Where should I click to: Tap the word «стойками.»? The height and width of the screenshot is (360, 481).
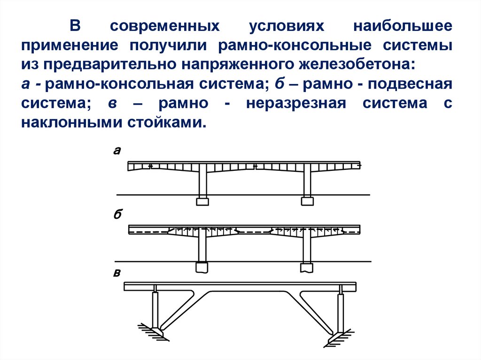point(167,123)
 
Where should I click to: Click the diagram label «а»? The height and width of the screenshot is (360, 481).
point(117,151)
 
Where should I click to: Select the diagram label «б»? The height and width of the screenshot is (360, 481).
point(117,215)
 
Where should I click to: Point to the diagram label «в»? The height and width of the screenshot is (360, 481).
point(117,273)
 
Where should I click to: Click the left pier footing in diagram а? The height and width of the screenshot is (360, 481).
point(202,201)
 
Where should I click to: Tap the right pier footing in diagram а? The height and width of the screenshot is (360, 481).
point(307,201)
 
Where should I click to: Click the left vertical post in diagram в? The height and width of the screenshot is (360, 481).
point(155,310)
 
